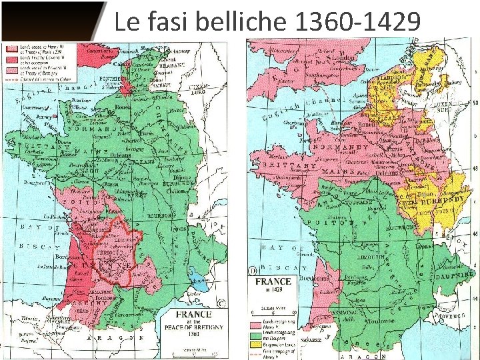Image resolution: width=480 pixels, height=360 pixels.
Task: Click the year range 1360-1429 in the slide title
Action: click(x=357, y=22)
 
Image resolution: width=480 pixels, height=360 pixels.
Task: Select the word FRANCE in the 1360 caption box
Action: click(x=194, y=314)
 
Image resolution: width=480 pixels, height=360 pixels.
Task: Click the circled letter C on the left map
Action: click(x=222, y=303)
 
